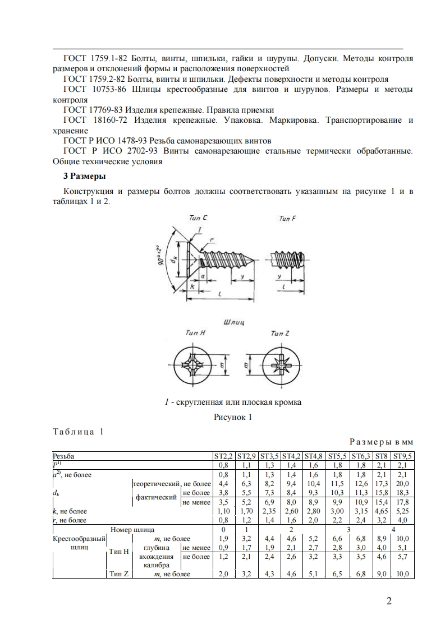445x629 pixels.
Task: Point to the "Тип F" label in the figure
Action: coord(287,219)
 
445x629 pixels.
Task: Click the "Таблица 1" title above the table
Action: coord(78,432)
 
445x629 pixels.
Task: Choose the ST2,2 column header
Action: coord(223,456)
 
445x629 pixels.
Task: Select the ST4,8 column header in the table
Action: coord(314,456)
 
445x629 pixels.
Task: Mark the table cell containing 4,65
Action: coord(382,511)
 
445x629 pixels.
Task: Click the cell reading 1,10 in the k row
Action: coord(223,511)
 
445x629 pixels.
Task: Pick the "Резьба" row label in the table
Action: coord(63,456)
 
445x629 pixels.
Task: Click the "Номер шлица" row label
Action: coord(132,529)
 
